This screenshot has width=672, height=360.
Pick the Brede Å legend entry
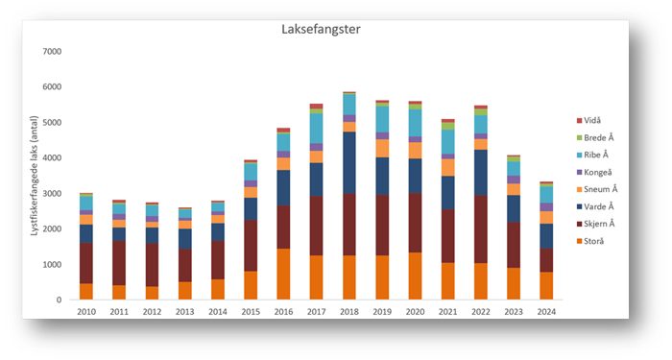(601, 137)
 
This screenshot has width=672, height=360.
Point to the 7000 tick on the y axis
(52, 52)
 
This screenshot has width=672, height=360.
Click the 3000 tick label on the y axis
(52, 194)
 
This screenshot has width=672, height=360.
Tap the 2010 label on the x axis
(86, 313)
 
